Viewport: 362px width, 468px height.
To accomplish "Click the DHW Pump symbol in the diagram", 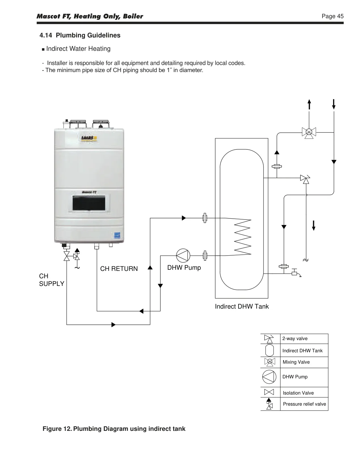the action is click(x=183, y=256).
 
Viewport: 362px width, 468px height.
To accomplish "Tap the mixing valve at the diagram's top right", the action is click(x=309, y=132).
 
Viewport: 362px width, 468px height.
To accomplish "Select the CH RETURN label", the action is click(x=119, y=269).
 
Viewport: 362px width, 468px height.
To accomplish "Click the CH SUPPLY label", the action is click(x=51, y=280).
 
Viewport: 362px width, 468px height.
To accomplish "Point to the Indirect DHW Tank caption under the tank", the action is click(x=242, y=307).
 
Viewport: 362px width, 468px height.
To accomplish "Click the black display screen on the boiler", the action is click(x=89, y=203).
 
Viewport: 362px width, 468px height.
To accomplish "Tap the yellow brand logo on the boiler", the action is click(x=89, y=138).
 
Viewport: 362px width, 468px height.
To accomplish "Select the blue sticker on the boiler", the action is click(x=117, y=235).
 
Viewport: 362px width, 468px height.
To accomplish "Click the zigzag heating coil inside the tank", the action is click(x=242, y=237).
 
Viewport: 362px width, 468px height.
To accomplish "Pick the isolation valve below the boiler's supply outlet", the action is click(x=67, y=256).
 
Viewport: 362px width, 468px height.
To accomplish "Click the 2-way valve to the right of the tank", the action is click(x=305, y=179).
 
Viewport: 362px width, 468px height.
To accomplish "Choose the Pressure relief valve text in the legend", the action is click(x=304, y=404).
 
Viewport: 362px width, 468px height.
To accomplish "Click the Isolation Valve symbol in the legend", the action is click(x=269, y=392).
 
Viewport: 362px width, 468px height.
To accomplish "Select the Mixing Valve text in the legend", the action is click(x=296, y=362).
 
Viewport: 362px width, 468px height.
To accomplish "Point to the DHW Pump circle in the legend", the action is click(x=269, y=377).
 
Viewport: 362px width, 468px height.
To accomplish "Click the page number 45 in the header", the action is click(x=340, y=16).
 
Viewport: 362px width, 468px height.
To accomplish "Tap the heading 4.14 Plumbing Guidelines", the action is click(x=80, y=35).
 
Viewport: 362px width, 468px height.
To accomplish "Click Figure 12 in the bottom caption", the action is click(x=57, y=429).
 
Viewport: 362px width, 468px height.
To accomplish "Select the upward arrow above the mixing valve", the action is click(x=309, y=104).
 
